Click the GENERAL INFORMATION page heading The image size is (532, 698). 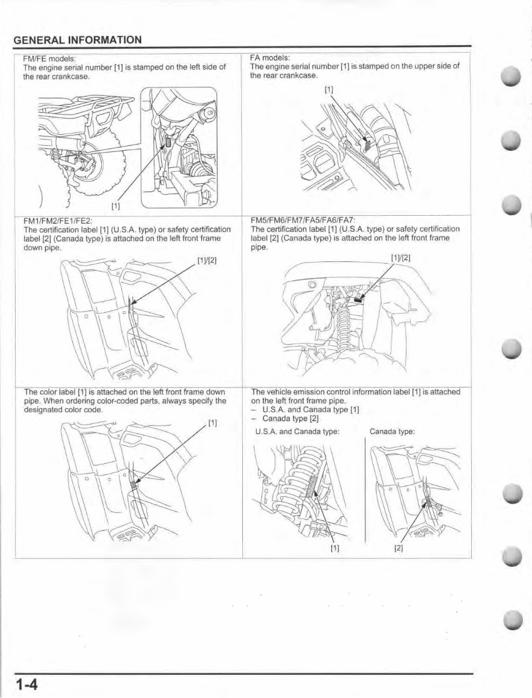[x=77, y=40]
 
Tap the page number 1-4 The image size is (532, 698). [x=27, y=685]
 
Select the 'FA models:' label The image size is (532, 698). [x=270, y=58]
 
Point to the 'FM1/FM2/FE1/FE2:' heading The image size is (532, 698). [x=58, y=221]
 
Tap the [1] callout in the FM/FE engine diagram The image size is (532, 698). [x=116, y=205]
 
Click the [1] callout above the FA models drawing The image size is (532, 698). [x=328, y=90]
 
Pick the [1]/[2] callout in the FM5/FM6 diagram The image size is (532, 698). [x=401, y=258]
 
